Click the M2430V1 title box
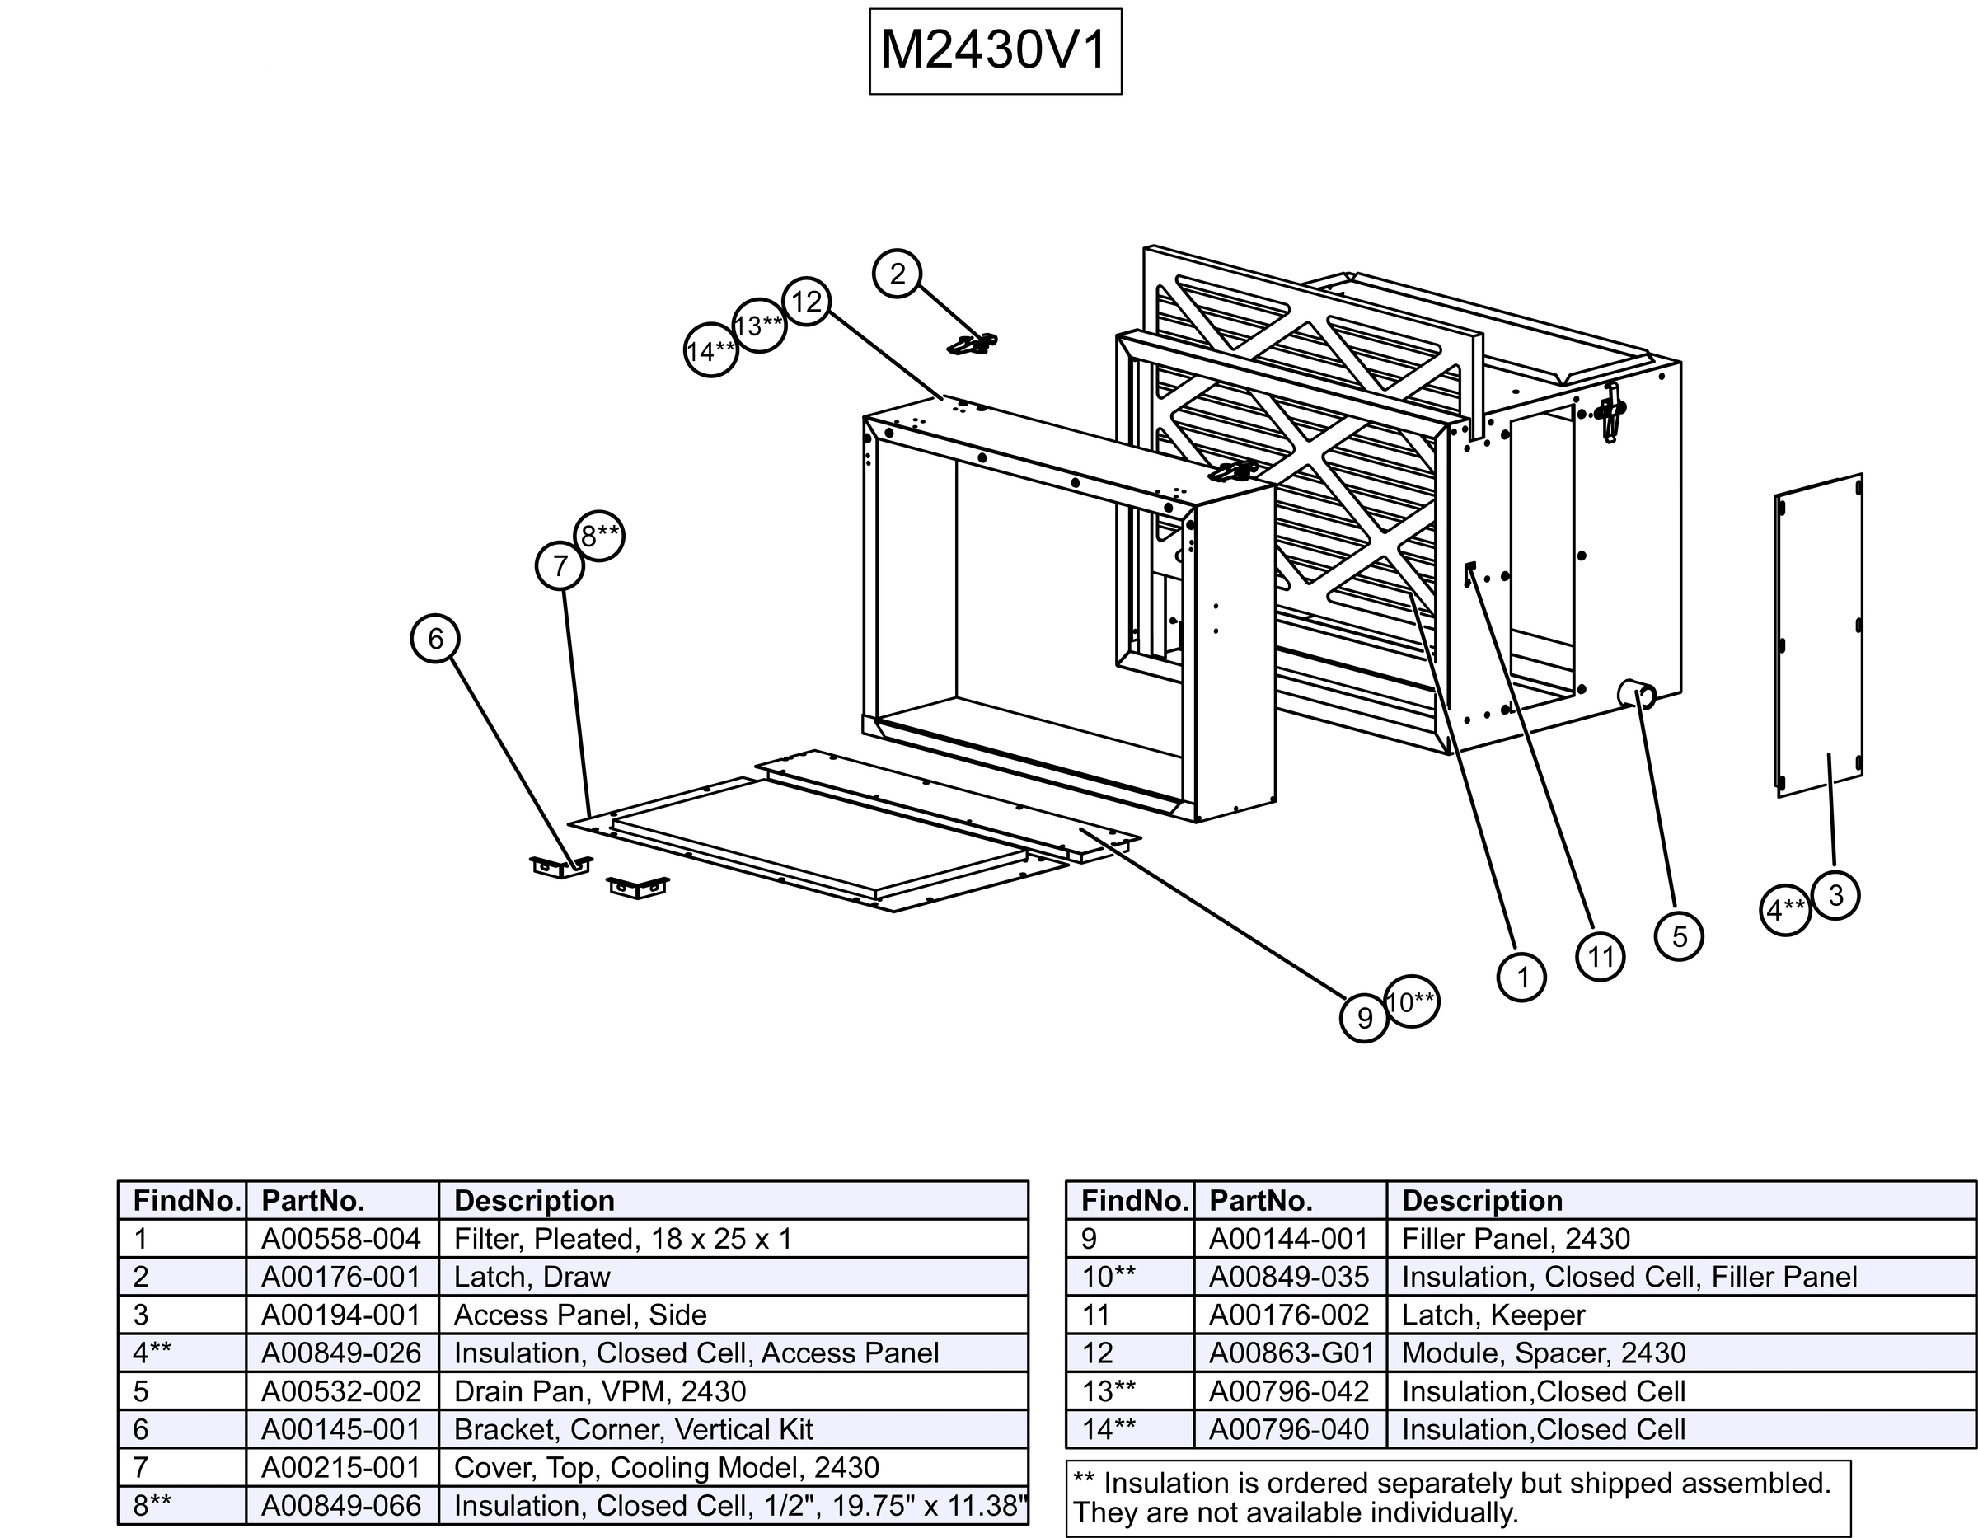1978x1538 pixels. coord(995,51)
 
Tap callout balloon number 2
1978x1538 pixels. coord(897,274)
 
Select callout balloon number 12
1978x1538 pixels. coord(806,301)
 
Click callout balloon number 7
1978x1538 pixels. coord(560,565)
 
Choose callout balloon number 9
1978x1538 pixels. coord(1364,1018)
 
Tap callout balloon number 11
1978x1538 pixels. coord(1601,956)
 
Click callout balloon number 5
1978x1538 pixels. coord(1679,935)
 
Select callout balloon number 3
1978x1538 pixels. coord(1835,895)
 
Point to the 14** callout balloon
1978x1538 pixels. coord(710,350)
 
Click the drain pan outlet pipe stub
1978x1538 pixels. coord(1637,695)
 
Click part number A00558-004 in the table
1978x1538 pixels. coord(341,1238)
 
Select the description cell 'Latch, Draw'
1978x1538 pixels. coord(532,1276)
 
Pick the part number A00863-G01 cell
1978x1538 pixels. coord(1290,1353)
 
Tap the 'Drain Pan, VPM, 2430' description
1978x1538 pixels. coord(599,1390)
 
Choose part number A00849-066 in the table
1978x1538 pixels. coord(341,1505)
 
